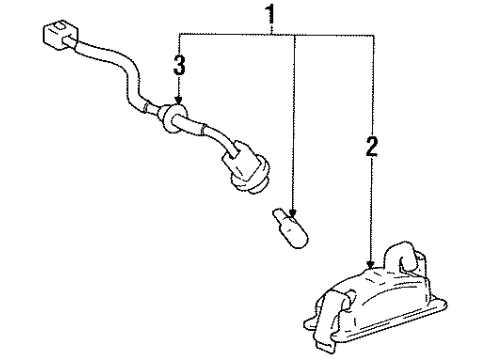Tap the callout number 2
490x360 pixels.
click(372, 150)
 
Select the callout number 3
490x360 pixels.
click(179, 68)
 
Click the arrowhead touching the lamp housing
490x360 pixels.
click(372, 265)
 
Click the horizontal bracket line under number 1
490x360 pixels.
click(230, 34)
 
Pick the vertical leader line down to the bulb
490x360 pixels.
click(293, 120)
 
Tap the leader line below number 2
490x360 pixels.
click(372, 210)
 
